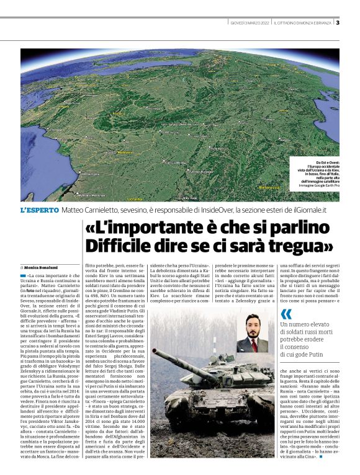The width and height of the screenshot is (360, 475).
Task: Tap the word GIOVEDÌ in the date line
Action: pyautogui.click(x=239, y=24)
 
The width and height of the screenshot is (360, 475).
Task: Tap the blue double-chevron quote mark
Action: pyautogui.click(x=286, y=314)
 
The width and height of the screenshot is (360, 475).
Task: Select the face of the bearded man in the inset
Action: pyautogui.click(x=253, y=326)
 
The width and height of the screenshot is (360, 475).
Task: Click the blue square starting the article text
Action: pyautogui.click(x=22, y=275)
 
